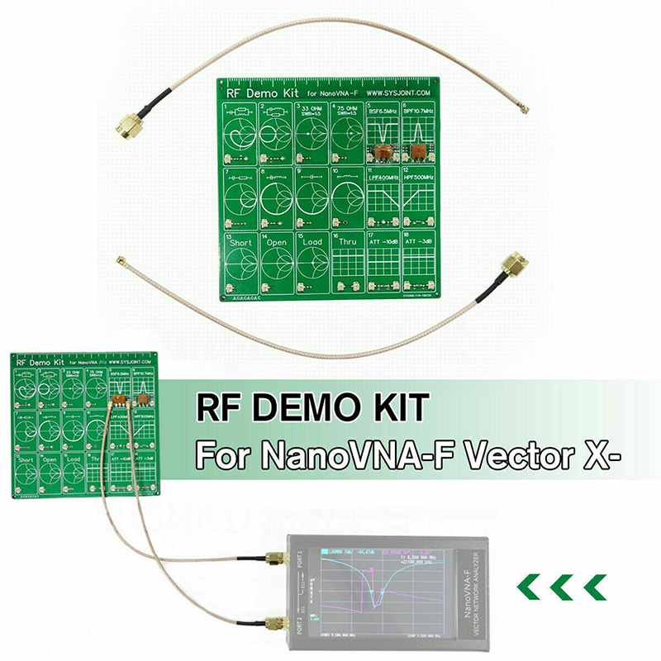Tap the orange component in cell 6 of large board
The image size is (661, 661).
click(420, 151)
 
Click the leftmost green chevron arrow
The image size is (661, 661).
click(530, 587)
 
